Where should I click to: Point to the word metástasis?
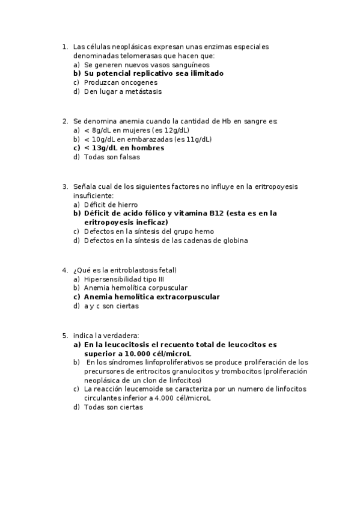tap(142, 91)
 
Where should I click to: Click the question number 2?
tap(64, 121)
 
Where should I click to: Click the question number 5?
tap(64, 336)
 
